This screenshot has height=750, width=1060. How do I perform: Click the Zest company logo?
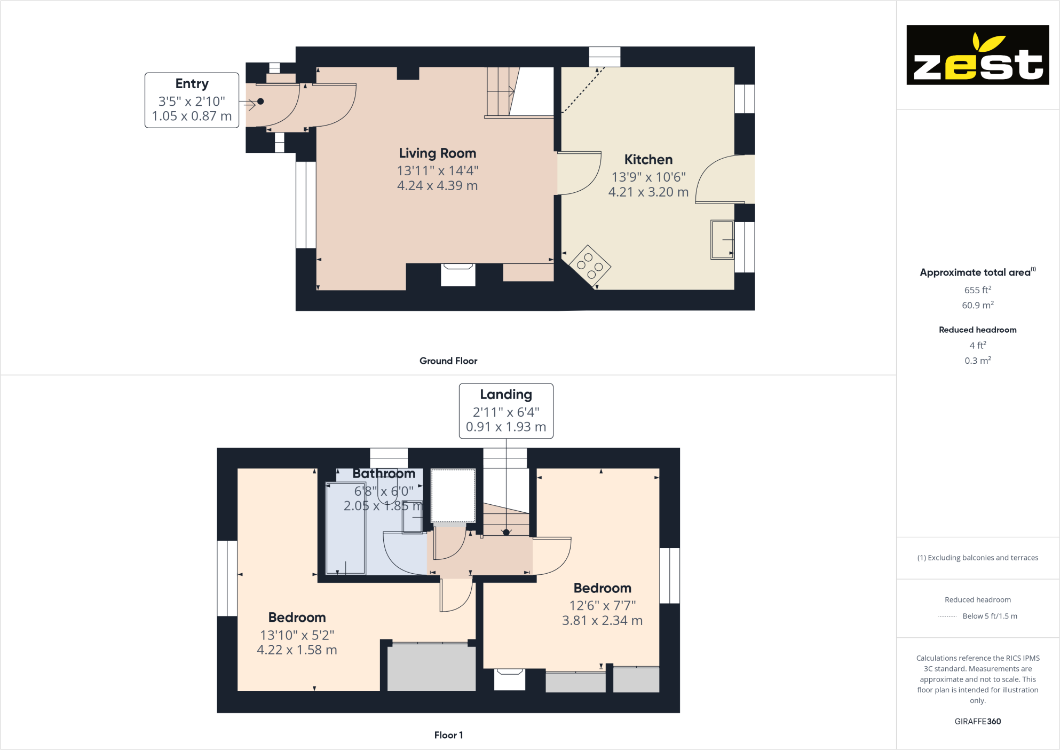pos(977,55)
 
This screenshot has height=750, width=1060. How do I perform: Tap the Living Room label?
pos(437,153)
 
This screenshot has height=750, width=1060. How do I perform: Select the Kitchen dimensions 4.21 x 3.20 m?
pos(648,192)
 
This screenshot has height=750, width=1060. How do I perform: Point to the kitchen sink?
pos(722,239)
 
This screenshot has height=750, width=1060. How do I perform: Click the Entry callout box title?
pos(192,84)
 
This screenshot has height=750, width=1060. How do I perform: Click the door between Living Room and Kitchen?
pos(579,174)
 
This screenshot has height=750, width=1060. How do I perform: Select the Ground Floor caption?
pos(448,361)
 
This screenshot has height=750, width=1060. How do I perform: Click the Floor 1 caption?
pos(448,735)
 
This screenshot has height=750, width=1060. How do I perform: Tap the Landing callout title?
pos(505,394)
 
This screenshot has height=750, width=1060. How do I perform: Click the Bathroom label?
pos(383,473)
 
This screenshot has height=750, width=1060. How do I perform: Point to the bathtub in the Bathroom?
pos(345,529)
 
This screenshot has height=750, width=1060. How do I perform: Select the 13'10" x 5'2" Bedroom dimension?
pos(297,635)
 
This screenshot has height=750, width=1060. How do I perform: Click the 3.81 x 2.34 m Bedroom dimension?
pos(602,620)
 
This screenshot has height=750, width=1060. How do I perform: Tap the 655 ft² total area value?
pos(977,290)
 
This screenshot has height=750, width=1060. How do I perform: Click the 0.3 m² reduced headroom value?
pos(977,361)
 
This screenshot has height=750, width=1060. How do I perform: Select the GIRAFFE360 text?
pos(977,721)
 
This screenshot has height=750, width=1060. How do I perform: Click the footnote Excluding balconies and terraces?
pos(977,558)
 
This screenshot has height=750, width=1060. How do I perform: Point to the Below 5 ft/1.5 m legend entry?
pos(989,616)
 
